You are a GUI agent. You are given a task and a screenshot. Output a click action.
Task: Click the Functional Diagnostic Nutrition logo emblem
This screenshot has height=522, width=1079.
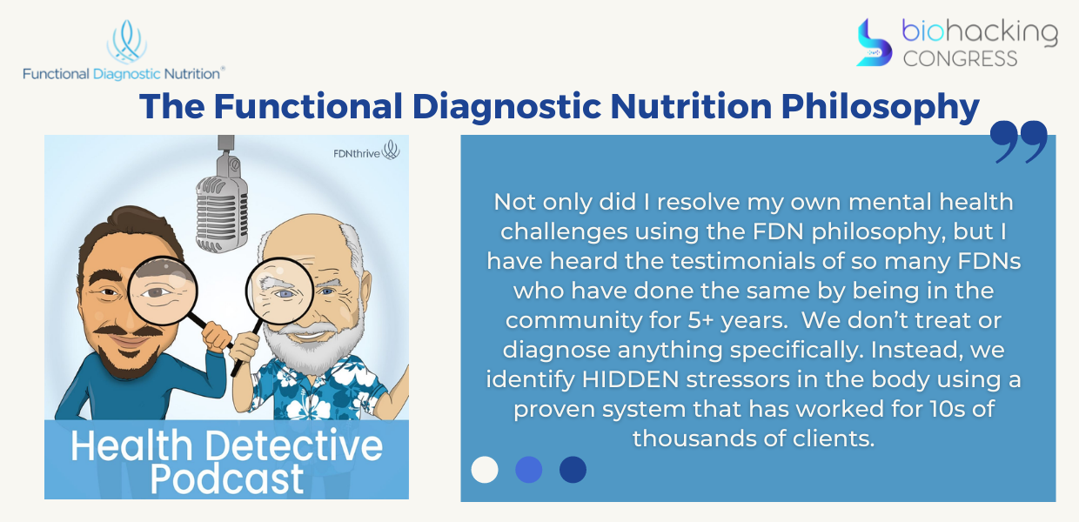[127, 42]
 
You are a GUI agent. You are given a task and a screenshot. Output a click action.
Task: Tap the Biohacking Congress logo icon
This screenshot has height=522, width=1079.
[874, 43]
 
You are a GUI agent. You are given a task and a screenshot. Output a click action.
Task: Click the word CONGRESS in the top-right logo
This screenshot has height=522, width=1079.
[960, 59]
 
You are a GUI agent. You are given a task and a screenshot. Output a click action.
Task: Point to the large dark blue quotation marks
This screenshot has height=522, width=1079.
[1018, 142]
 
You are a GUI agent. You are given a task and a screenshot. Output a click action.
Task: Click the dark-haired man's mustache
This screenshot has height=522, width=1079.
[128, 331]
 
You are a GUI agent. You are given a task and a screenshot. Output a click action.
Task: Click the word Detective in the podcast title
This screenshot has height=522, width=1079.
[294, 446]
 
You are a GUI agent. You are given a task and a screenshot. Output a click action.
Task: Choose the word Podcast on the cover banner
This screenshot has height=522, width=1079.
[227, 479]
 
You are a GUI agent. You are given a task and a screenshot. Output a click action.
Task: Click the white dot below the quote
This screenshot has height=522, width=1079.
[485, 470]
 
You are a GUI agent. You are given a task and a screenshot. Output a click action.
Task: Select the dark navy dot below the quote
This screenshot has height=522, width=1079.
[573, 470]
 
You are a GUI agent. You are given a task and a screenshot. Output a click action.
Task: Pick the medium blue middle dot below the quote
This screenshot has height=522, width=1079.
[529, 470]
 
